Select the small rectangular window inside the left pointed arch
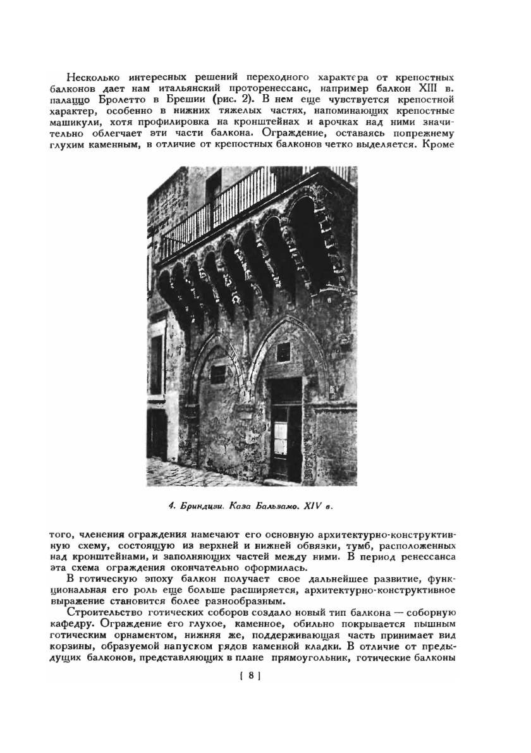coord(219,374)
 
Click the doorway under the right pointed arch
coord(286,430)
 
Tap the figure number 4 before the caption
coord(171,506)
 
